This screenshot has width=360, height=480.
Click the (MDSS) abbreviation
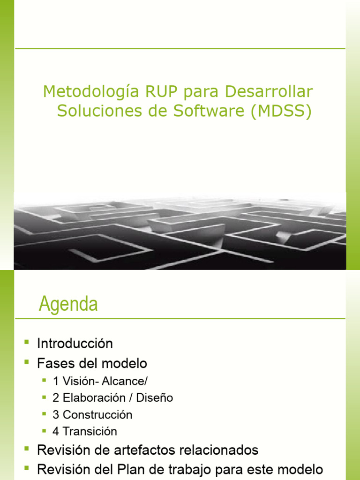pyautogui.click(x=281, y=112)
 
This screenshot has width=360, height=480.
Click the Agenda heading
pyautogui.click(x=68, y=304)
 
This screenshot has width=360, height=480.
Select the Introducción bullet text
pyautogui.click(x=75, y=344)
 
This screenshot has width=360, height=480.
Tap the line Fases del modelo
pyautogui.click(x=92, y=363)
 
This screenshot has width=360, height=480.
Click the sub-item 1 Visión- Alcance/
pyautogui.click(x=97, y=381)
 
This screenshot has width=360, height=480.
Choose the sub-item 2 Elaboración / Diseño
pyautogui.click(x=113, y=398)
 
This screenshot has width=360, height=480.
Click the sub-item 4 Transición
pyautogui.click(x=85, y=431)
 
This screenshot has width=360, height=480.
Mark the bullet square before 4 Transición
pyautogui.click(x=44, y=430)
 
